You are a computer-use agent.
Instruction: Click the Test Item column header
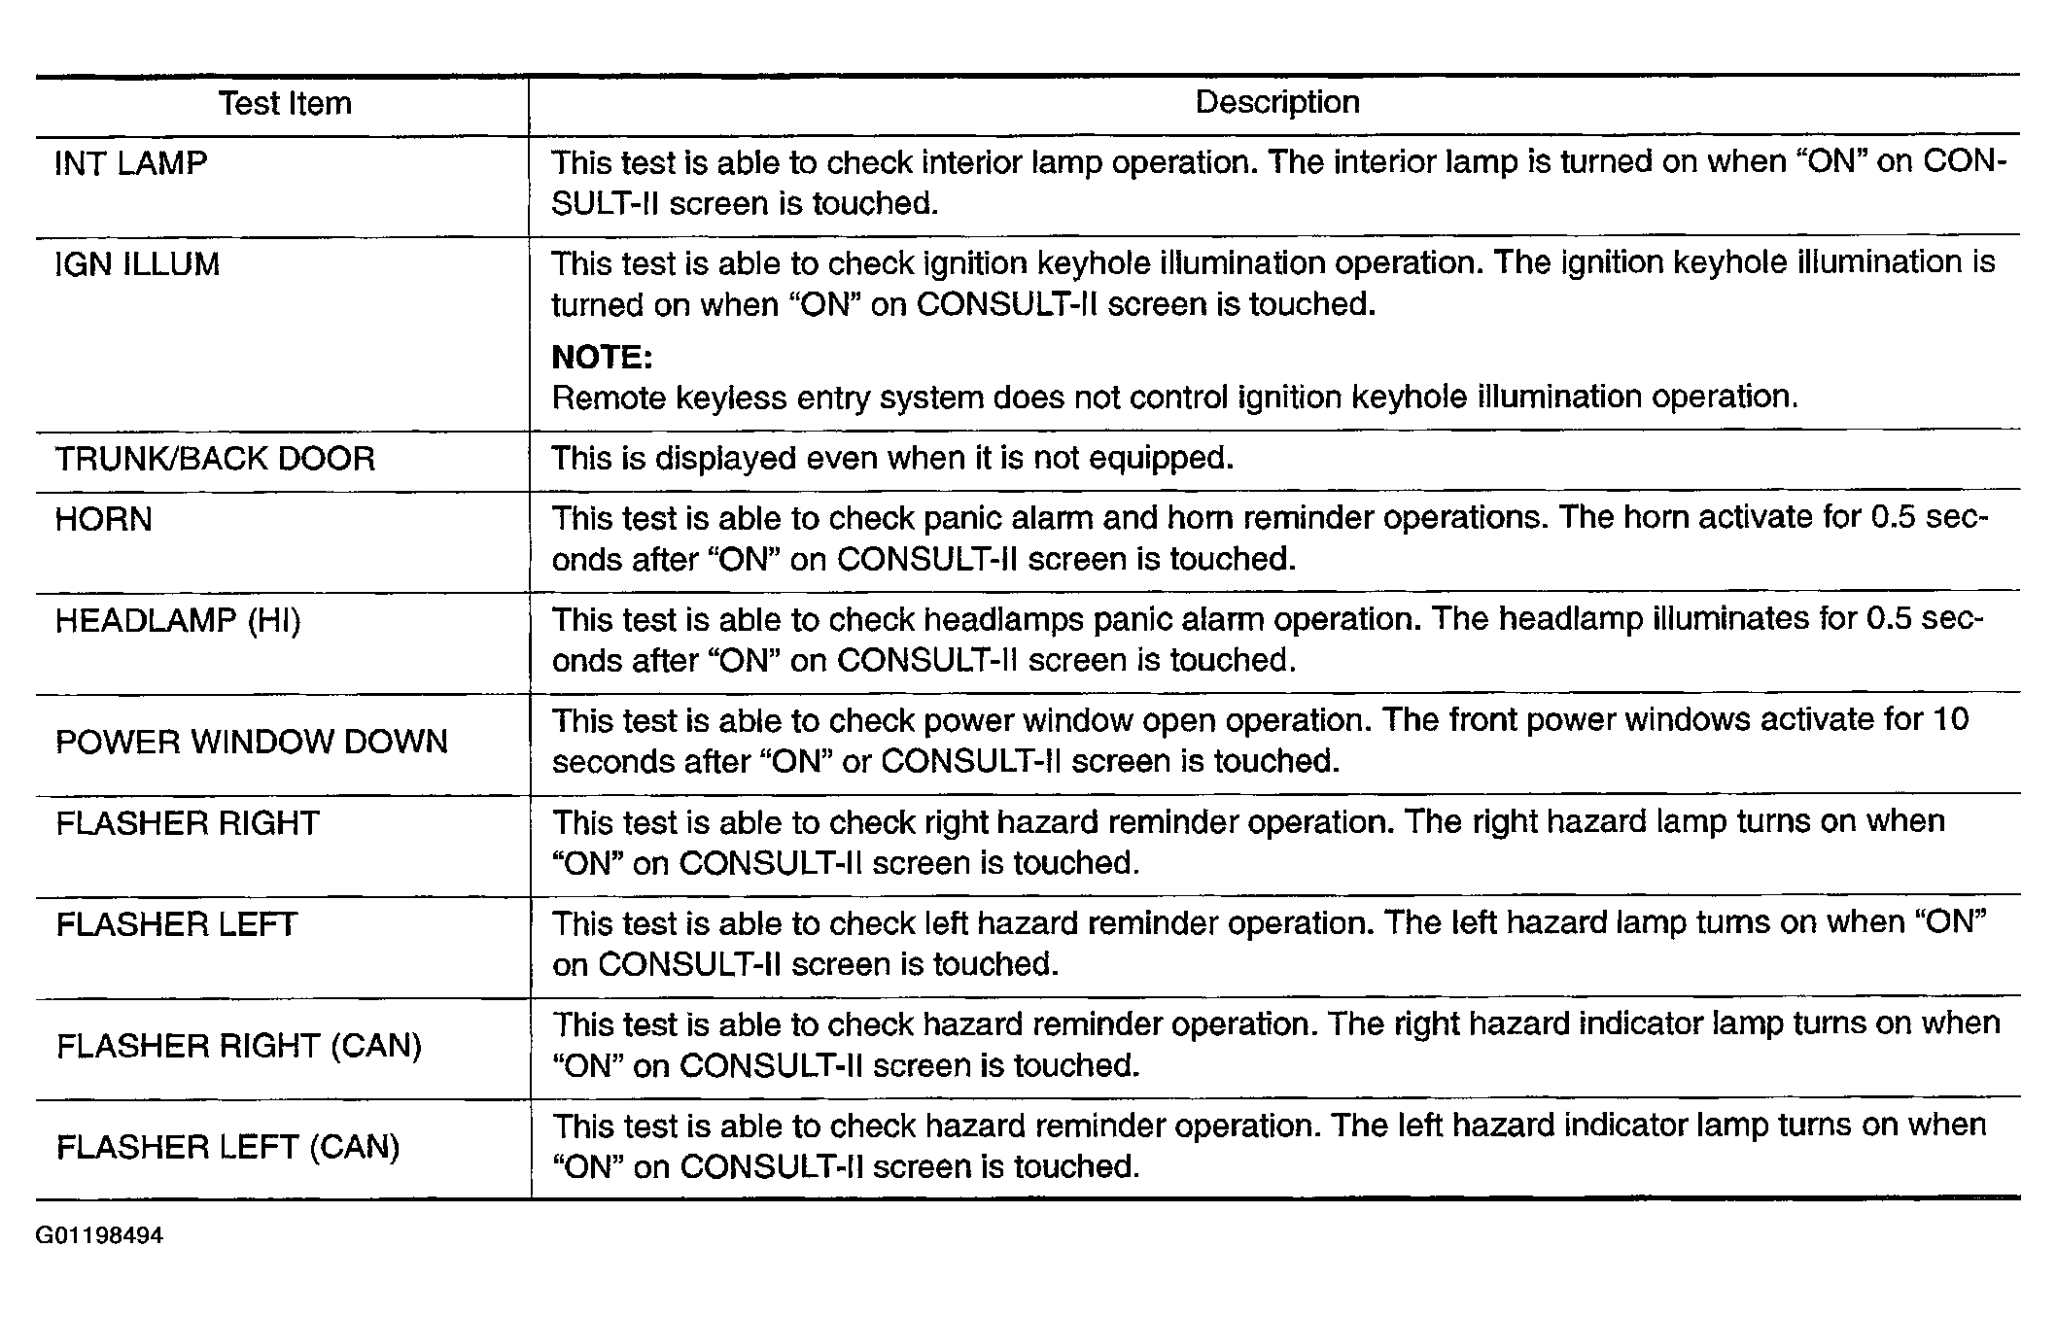click(x=284, y=103)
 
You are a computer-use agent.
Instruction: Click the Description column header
click(x=1276, y=102)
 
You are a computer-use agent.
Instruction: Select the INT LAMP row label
click(x=131, y=163)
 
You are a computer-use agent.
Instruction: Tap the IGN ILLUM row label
click(x=138, y=264)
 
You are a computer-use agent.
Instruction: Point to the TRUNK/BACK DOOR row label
click(x=215, y=459)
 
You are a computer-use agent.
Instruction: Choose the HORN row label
click(x=104, y=519)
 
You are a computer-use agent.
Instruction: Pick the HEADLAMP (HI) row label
click(x=178, y=620)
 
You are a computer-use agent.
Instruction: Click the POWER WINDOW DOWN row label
click(x=252, y=742)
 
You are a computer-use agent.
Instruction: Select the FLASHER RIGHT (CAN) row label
click(x=239, y=1046)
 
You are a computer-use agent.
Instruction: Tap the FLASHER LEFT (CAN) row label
click(x=228, y=1147)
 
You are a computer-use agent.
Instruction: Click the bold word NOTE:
click(x=602, y=357)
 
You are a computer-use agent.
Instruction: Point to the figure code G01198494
click(x=100, y=1235)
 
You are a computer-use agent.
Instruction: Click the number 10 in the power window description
click(x=1951, y=719)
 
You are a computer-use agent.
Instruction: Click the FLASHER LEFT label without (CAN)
click(x=177, y=923)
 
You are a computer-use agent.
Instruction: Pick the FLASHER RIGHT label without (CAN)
click(x=188, y=823)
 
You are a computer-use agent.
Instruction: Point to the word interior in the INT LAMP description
click(x=981, y=162)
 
